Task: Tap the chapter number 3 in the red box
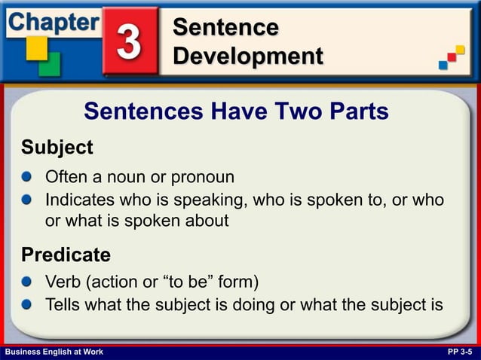coord(129,43)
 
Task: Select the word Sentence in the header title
coord(225,28)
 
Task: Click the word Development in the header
coord(247,56)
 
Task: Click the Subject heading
coord(57,147)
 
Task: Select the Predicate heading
coord(66,255)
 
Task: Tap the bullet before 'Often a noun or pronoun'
coord(27,178)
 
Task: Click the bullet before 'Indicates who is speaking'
coord(27,200)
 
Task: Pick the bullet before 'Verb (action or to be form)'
coord(27,282)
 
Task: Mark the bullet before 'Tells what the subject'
coord(27,305)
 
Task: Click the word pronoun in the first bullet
coord(203,178)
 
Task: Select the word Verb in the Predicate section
coord(63,282)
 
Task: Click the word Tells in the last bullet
coord(63,305)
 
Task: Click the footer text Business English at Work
coord(54,352)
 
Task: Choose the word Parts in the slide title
coord(358,111)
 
